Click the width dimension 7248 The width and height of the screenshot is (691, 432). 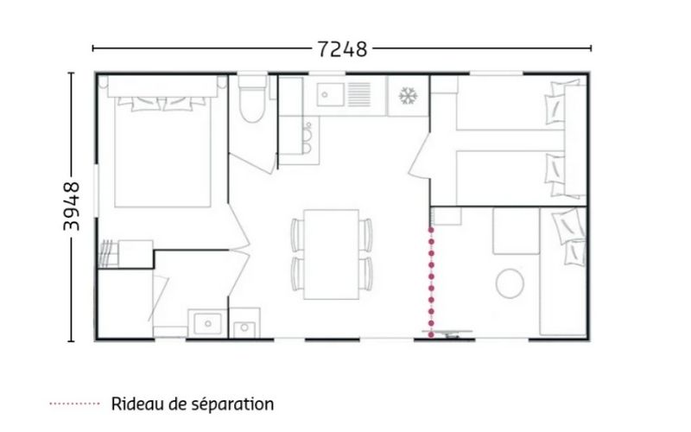342,49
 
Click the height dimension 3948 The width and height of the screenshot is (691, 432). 72,206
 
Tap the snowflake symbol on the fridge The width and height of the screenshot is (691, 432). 408,96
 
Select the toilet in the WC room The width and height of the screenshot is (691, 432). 252,98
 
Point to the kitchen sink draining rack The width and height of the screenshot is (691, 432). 359,94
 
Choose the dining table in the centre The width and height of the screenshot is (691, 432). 332,254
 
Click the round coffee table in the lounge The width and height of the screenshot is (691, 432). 510,283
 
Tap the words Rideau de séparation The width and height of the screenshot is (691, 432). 192,403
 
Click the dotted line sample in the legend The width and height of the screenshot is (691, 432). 75,403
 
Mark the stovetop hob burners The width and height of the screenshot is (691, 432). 307,137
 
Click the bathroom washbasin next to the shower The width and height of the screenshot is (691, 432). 207,323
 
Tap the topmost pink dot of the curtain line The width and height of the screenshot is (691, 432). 431,230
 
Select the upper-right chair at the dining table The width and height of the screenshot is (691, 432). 365,235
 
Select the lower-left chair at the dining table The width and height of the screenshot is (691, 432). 297,274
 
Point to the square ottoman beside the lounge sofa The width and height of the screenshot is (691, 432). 516,231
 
